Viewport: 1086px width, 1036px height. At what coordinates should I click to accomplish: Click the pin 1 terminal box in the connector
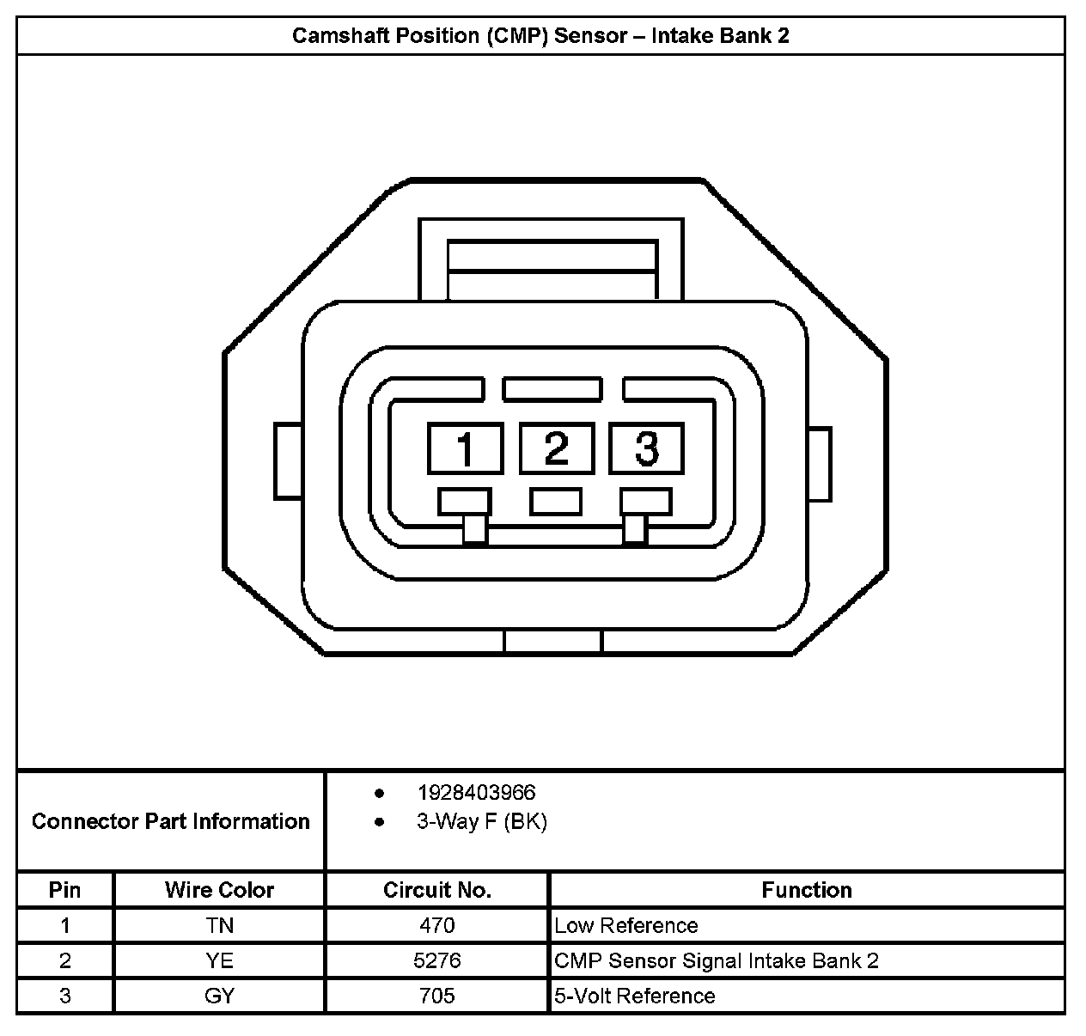tap(465, 448)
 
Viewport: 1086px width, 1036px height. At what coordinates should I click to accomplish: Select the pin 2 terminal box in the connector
tap(556, 448)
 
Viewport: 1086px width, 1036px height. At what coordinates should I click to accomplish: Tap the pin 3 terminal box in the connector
tap(646, 448)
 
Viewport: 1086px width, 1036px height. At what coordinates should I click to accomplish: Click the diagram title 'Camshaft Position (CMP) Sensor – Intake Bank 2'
tap(540, 35)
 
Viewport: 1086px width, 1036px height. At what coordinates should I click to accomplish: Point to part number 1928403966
tap(476, 792)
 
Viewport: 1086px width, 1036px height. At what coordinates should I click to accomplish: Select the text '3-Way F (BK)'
tap(481, 821)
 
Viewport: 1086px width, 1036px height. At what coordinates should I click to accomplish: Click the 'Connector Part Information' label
tap(170, 821)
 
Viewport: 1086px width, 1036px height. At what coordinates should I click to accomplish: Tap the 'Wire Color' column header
tap(219, 890)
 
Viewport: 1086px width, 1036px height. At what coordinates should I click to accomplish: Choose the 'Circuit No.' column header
tap(436, 890)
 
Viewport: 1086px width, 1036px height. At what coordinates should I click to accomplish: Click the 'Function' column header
tap(806, 890)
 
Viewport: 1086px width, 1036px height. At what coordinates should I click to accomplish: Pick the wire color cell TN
tap(219, 925)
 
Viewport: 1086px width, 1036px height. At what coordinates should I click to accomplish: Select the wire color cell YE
tap(219, 960)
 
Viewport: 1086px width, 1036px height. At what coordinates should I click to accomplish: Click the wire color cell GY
tap(219, 996)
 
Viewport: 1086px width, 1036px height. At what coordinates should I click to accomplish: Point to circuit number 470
tap(436, 925)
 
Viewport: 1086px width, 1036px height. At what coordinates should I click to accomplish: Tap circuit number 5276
tap(436, 960)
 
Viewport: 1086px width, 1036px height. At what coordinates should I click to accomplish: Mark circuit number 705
tap(436, 996)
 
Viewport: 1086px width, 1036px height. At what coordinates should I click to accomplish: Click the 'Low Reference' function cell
tap(625, 925)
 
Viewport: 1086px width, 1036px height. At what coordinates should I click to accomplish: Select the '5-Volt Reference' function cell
tap(634, 996)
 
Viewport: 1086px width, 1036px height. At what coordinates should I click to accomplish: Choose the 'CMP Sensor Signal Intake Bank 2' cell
tap(717, 960)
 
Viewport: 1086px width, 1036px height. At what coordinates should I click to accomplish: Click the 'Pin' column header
tap(65, 890)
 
